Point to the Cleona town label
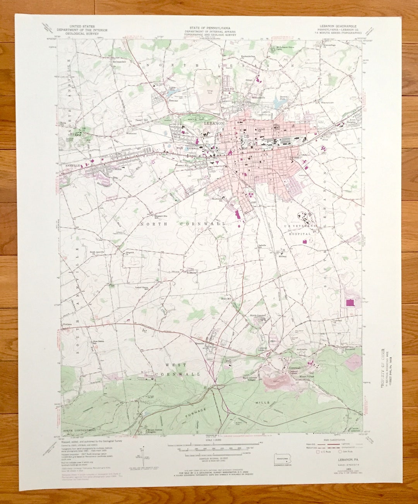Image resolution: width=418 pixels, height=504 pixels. click(x=116, y=169)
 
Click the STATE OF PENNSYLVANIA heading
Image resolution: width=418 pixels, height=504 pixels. click(x=210, y=28)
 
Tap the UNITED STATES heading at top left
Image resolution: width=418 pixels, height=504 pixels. click(x=82, y=27)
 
